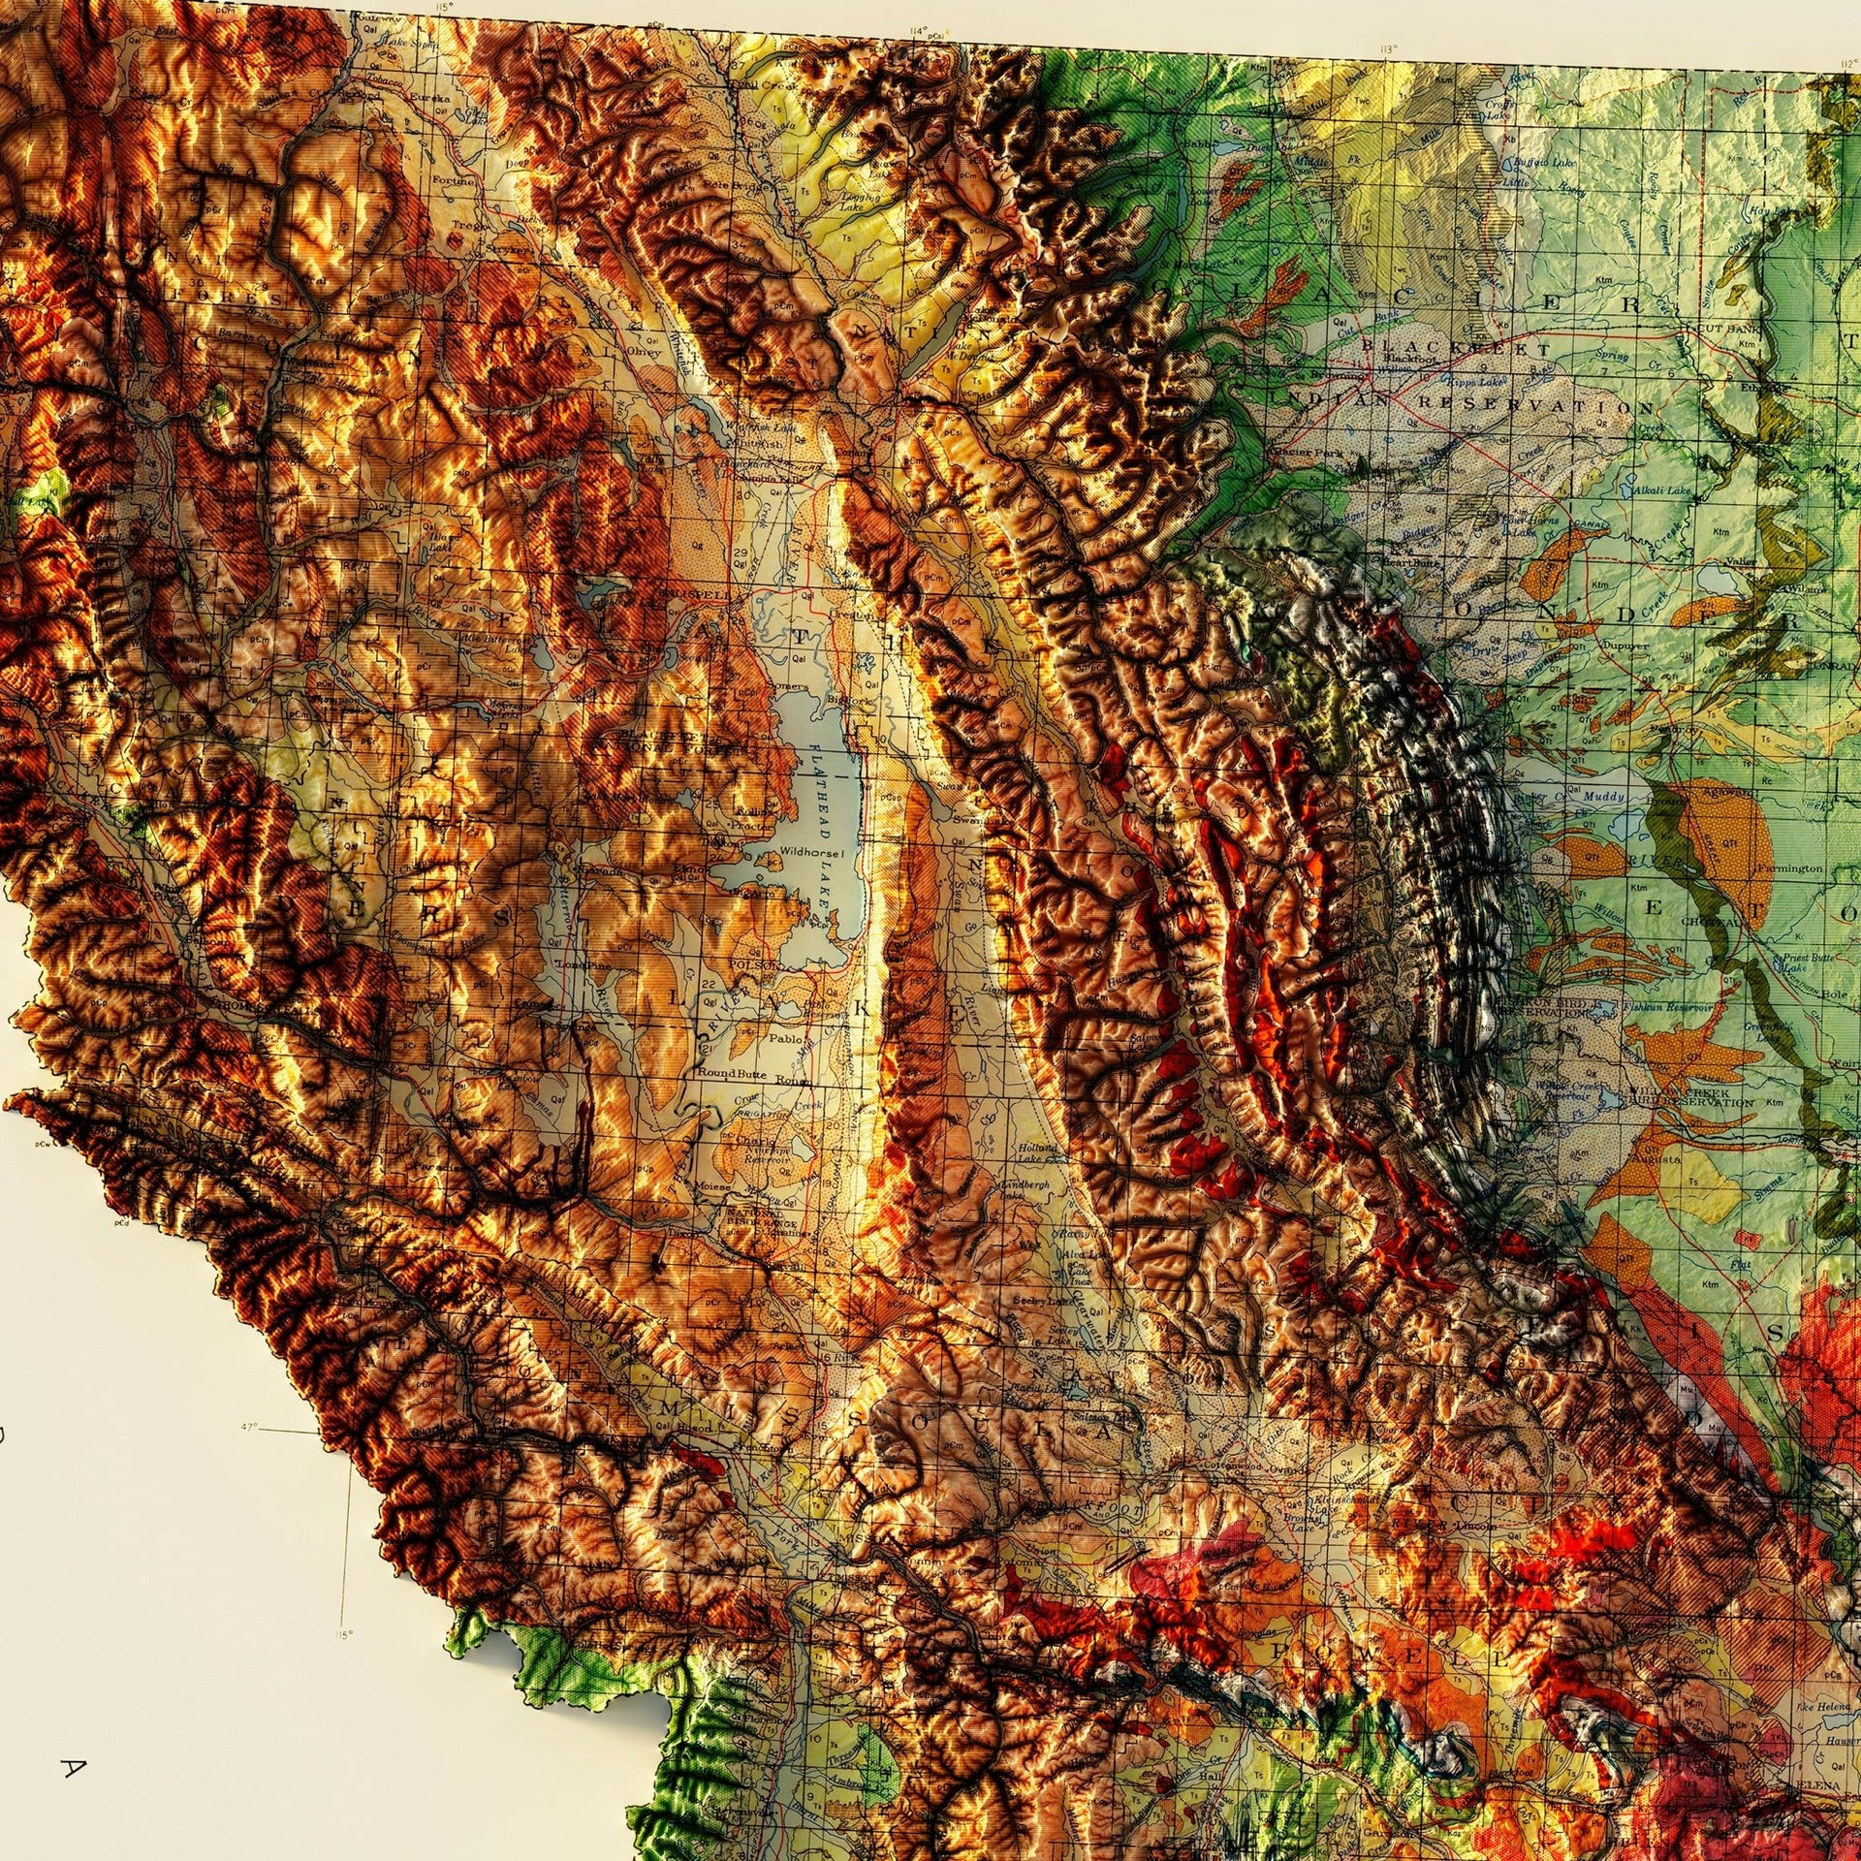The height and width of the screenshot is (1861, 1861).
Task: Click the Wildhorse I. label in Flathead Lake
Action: pos(817,852)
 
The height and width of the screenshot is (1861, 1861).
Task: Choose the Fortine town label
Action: pos(457,181)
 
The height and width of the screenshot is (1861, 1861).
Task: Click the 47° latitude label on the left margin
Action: pos(250,1427)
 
